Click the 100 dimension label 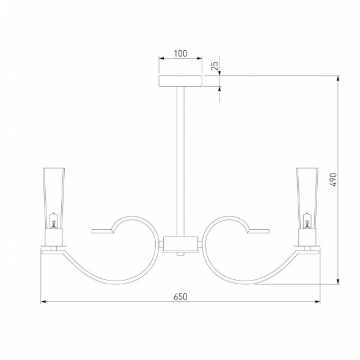pyautogui.click(x=180, y=53)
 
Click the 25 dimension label pyautogui.click(x=215, y=66)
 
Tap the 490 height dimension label pyautogui.click(x=333, y=180)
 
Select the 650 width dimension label pyautogui.click(x=180, y=296)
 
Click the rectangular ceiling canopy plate pyautogui.click(x=180, y=81)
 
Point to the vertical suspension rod pyautogui.click(x=180, y=161)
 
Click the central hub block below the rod pyautogui.click(x=180, y=244)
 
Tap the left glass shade pyautogui.click(x=54, y=199)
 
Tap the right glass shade pyautogui.click(x=307, y=199)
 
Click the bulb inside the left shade pyautogui.click(x=54, y=221)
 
